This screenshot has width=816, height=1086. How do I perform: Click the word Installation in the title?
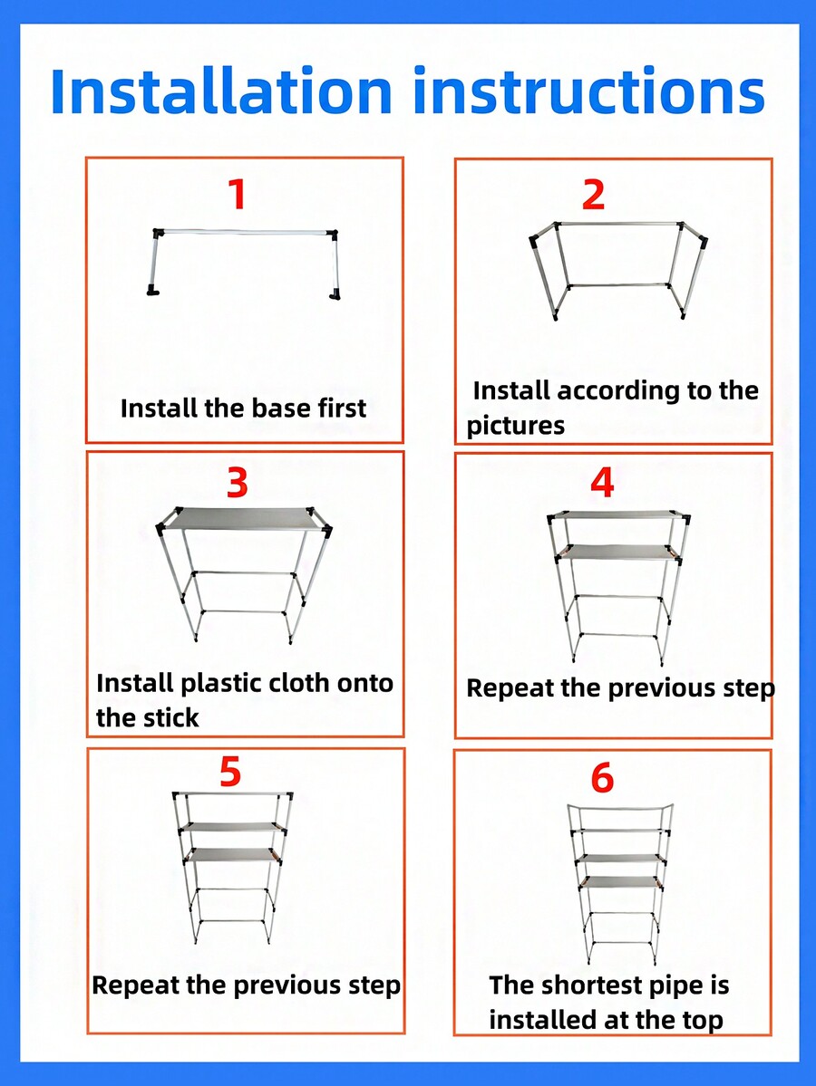point(221,91)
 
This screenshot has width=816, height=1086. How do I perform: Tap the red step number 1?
point(237,195)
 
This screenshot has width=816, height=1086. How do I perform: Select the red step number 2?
point(593,195)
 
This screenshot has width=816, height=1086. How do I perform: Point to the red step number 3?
point(237,484)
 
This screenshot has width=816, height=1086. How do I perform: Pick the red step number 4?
point(602,484)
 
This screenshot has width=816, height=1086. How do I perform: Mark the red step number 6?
point(602,778)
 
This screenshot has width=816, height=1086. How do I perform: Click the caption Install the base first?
point(243,408)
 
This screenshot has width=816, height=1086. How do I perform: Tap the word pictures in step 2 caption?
point(516,426)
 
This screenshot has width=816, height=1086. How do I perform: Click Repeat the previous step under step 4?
point(620,687)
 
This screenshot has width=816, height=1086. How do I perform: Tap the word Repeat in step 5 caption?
point(138,985)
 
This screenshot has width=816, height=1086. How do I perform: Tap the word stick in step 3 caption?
point(171,718)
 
